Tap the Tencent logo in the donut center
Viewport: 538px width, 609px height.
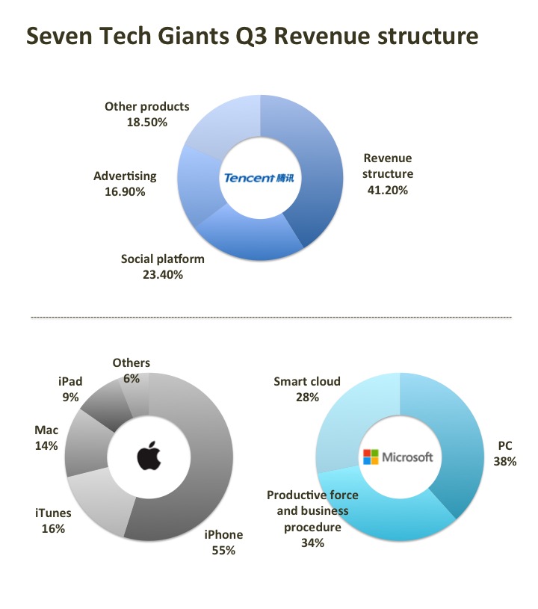[x=259, y=178]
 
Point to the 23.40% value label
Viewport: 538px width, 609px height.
[x=162, y=274]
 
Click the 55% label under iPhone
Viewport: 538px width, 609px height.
[x=223, y=551]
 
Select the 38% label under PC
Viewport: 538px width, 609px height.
[x=504, y=462]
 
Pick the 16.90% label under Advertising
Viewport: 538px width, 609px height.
[x=125, y=192]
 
